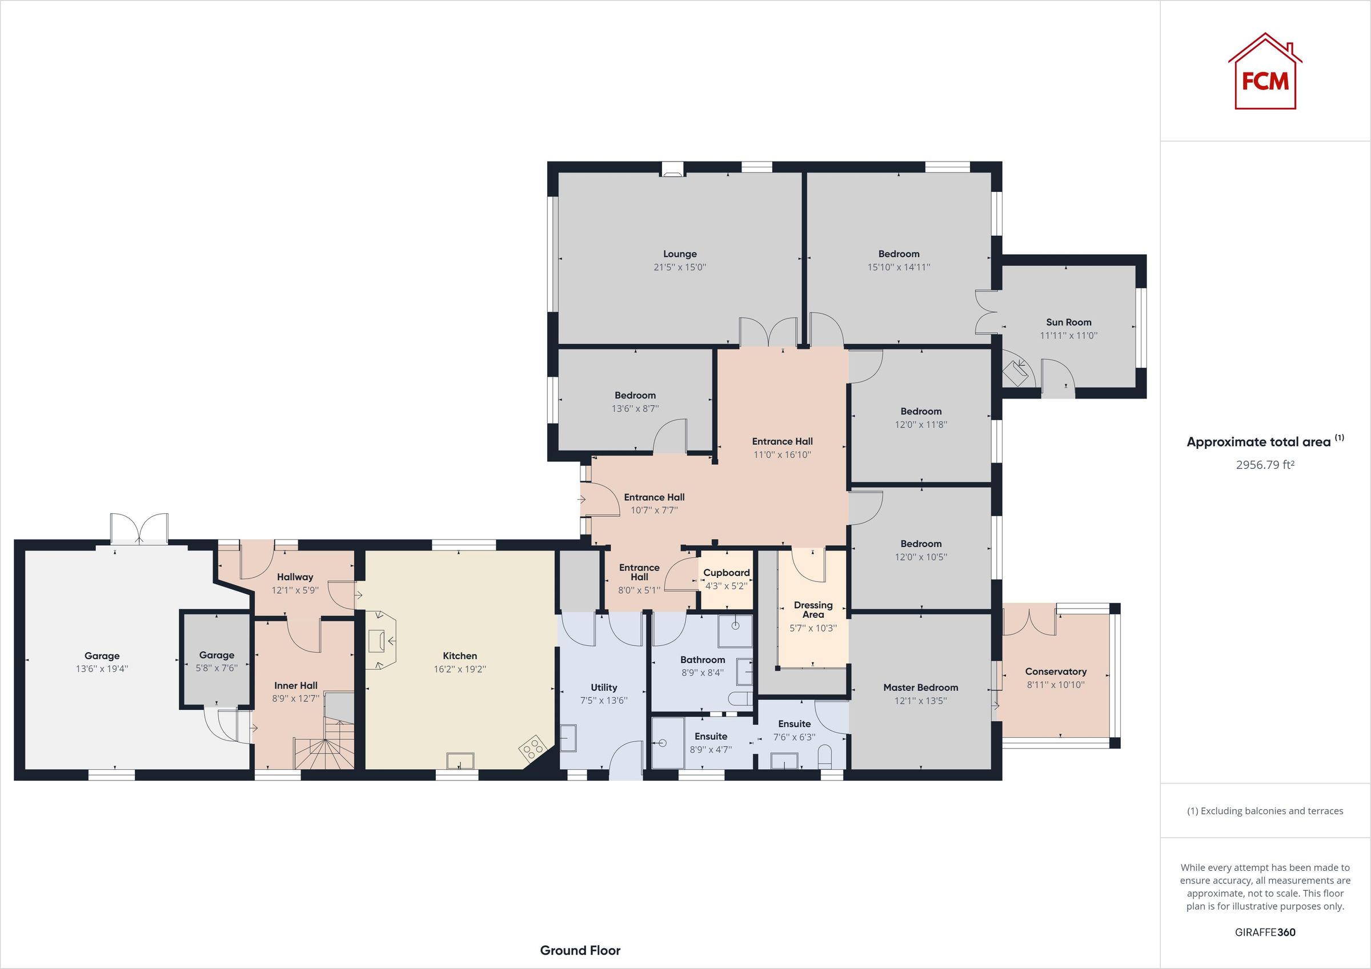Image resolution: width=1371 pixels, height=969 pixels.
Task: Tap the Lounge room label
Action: pos(680,254)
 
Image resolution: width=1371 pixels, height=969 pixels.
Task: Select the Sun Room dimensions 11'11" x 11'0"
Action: pos(1068,336)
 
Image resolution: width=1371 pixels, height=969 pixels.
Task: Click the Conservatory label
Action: pos(1055,672)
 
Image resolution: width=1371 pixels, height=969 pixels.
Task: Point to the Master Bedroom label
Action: pos(920,688)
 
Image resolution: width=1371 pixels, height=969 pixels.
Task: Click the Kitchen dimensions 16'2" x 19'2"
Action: pos(459,669)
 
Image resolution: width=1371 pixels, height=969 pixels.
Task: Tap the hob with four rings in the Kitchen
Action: pos(533,746)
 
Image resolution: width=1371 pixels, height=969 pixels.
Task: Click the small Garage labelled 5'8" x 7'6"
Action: pos(216,662)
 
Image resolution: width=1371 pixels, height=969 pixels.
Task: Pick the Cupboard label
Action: pos(726,573)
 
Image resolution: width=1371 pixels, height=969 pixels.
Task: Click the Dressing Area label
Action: pos(813,610)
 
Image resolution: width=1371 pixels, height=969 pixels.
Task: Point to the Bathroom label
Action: pos(702,660)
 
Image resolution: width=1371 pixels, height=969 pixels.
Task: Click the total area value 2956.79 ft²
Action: pos(1265,464)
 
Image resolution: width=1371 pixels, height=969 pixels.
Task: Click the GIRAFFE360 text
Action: pos(1265,931)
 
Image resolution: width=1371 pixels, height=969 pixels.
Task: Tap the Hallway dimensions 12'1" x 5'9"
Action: pos(295,590)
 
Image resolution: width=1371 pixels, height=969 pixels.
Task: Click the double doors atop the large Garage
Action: pos(139,528)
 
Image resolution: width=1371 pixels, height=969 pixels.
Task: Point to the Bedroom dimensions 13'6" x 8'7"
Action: pos(635,409)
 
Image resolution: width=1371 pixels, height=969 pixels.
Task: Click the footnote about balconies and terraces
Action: pos(1265,811)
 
